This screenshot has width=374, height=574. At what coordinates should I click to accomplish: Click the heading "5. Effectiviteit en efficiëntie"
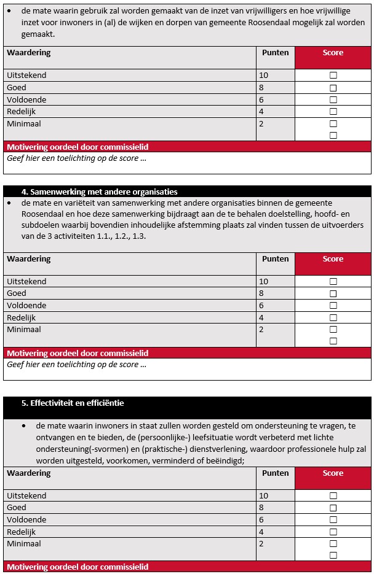coord(73,403)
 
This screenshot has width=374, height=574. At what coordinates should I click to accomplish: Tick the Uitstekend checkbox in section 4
coord(333,281)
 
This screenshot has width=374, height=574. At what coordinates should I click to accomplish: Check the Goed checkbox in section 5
coord(333,508)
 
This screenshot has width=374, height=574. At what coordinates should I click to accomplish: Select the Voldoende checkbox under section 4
coord(333,305)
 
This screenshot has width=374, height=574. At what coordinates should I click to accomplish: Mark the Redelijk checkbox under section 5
coord(333,532)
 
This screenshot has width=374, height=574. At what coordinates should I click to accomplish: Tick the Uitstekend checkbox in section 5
coord(333,495)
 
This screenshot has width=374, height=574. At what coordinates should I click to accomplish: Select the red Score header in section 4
coord(333,259)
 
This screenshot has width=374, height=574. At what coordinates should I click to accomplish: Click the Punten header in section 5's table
coord(275,473)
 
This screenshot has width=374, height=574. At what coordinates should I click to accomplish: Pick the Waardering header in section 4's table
coord(28,259)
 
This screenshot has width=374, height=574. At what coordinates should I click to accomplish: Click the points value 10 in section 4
coord(264,281)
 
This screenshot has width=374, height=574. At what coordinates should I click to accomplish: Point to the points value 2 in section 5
coord(261,543)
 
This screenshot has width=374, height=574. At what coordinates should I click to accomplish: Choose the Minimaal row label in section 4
coord(24,329)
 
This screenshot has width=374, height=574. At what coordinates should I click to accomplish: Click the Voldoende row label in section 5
coord(26,519)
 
